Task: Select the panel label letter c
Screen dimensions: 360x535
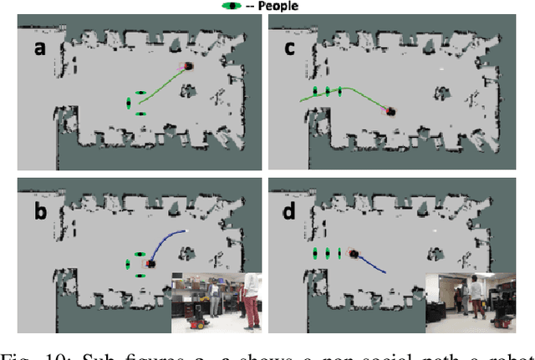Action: point(289,48)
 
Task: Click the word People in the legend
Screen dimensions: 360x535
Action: point(278,6)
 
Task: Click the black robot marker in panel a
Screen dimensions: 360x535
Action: point(188,66)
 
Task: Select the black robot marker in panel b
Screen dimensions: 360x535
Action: point(151,263)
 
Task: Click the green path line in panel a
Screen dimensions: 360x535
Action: point(163,87)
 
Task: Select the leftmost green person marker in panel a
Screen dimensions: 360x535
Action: point(129,103)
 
